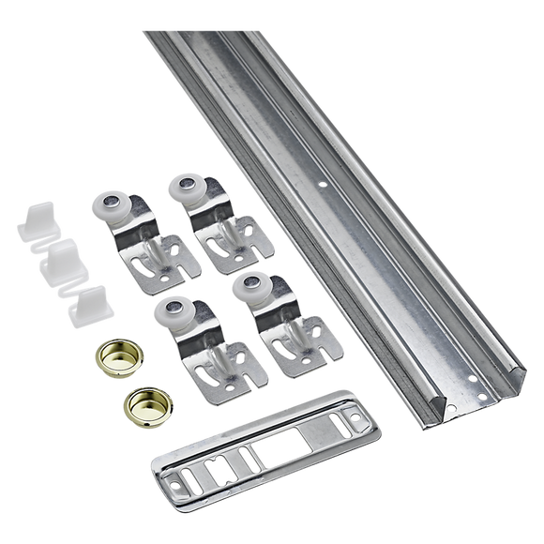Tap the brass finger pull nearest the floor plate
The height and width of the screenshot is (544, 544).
[141, 402]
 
